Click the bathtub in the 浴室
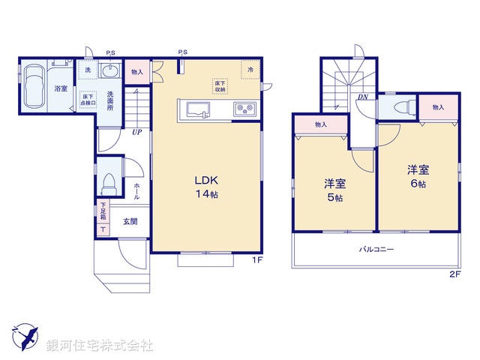[34, 85]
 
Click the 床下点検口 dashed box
[88, 100]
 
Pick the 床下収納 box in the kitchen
[219, 86]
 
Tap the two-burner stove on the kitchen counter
[244, 109]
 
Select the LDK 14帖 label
[206, 187]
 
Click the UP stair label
[136, 133]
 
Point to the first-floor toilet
[109, 181]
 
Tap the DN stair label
[362, 97]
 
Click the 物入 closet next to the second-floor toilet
[438, 107]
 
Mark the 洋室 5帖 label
[334, 190]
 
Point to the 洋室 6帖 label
[418, 175]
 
